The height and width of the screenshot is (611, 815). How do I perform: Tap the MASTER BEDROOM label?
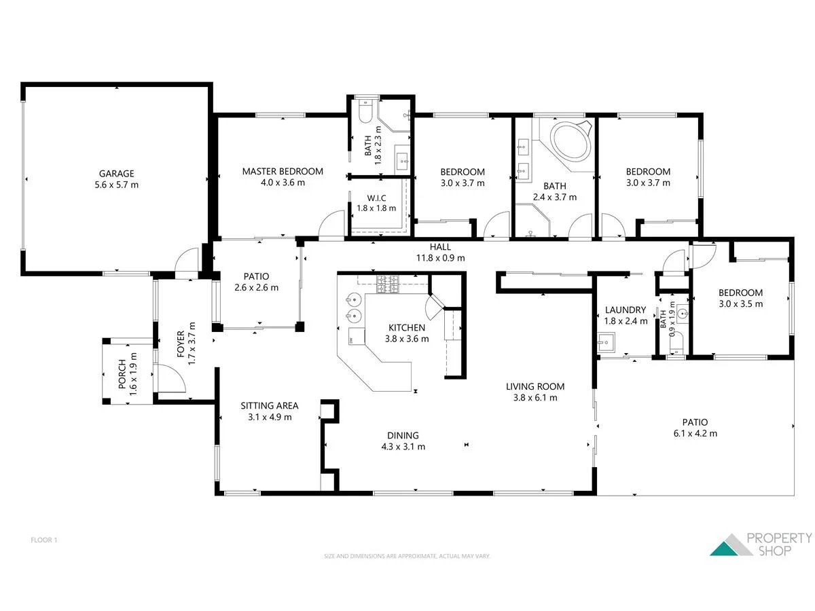283,172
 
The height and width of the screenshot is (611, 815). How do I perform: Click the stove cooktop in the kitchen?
389,284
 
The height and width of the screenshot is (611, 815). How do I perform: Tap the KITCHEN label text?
405,328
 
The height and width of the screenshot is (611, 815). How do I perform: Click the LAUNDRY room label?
625,310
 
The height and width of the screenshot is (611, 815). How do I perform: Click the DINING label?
403,436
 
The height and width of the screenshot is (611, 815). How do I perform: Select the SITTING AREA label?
270,406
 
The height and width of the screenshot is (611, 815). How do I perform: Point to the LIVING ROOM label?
535,387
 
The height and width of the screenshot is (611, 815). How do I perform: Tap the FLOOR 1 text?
44,540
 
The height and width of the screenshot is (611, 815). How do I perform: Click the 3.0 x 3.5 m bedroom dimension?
740,304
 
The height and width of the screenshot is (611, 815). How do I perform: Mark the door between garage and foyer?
186,263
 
